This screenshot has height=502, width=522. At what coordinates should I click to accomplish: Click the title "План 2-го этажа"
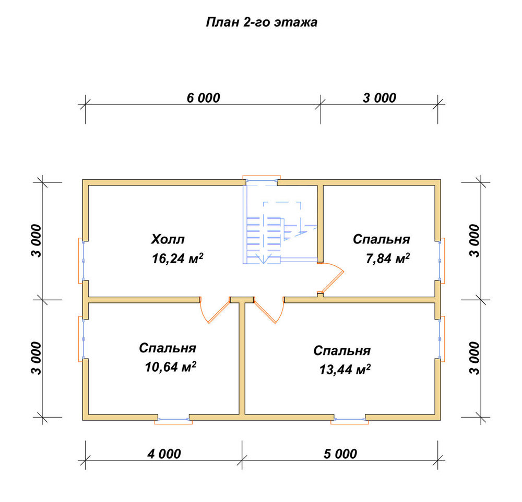pos(262,22)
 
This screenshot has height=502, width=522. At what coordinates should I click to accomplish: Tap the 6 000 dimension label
pos(203,97)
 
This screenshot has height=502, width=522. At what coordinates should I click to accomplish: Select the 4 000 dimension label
pos(164,454)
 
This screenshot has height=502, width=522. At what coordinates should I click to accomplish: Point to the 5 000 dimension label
pos(340,454)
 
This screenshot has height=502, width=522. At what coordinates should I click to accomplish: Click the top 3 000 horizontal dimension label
pos(379,97)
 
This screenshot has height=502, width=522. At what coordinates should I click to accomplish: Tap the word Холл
pos(168,239)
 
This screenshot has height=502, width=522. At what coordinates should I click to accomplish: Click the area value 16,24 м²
pos(177,259)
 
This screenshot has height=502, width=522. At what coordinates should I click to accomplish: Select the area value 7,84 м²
pos(387,259)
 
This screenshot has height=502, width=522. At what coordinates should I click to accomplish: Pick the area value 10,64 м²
pos(170,367)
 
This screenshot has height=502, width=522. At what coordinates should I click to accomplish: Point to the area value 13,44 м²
pos(345,370)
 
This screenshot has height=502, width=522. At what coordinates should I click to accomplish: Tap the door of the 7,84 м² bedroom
pos(330,278)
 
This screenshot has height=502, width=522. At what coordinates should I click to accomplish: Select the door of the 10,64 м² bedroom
pos(216,310)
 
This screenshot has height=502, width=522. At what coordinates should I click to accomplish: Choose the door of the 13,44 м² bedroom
pos(269,310)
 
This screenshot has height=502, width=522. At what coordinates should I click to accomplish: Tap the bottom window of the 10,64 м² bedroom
pos(173,420)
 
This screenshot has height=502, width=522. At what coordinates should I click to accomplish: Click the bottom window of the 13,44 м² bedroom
pos(350,420)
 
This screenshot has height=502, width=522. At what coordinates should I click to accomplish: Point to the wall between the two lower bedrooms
pos(242,358)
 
